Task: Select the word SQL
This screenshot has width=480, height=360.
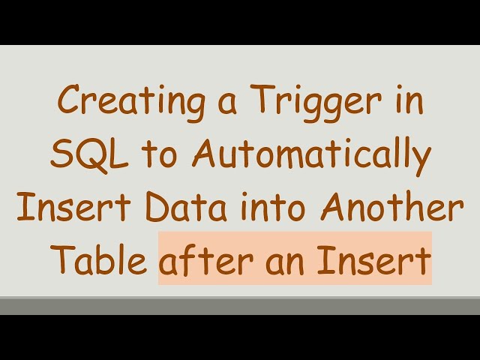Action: (x=85, y=155)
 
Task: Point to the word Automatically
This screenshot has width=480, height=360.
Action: (x=310, y=157)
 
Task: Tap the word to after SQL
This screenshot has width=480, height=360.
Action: (x=153, y=156)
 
